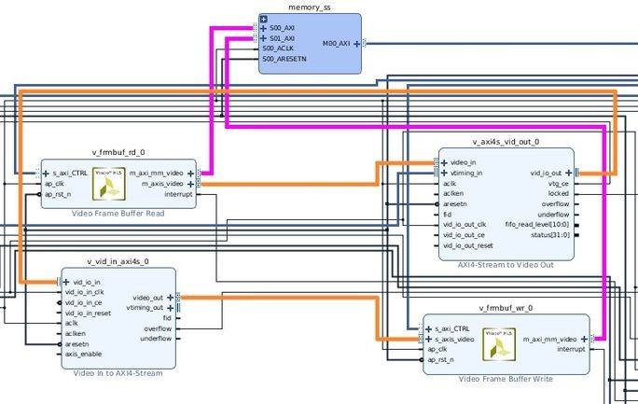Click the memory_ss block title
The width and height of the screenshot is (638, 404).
(309, 7)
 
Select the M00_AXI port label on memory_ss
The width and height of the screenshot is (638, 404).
(336, 43)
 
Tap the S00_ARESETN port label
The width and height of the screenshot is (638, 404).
(284, 59)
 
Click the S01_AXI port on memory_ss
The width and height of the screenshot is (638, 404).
(279, 38)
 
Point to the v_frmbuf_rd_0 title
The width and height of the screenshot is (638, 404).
(118, 152)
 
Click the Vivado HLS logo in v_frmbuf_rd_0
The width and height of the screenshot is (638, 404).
(111, 185)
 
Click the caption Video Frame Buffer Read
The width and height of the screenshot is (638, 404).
(117, 214)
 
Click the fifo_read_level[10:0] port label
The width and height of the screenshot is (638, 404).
(536, 225)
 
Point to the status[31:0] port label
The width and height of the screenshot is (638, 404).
(548, 235)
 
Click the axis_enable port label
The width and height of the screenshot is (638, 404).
(84, 355)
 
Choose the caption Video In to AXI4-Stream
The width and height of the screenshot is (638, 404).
(118, 373)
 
